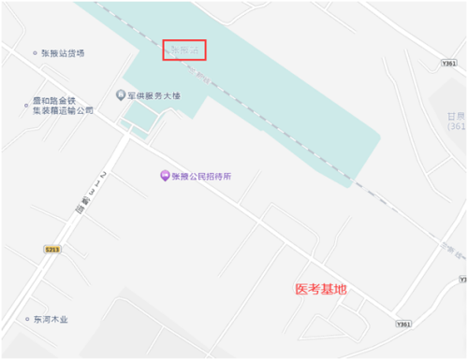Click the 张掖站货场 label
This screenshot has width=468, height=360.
point(63,53)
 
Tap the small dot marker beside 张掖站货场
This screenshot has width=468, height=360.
point(33,53)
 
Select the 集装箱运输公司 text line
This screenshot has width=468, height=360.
point(62,109)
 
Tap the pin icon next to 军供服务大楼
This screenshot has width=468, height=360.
point(120,94)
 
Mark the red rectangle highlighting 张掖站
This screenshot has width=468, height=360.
point(184,50)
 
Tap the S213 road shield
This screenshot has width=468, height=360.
point(53,249)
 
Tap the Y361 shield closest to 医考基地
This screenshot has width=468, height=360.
point(403,324)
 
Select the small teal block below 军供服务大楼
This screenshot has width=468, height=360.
point(141,117)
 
